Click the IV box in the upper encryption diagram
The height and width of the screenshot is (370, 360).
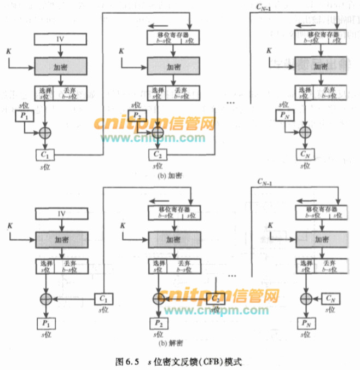click(x=61, y=39)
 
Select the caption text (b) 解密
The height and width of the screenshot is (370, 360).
click(x=170, y=344)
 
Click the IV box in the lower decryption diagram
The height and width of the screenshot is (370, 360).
click(x=61, y=212)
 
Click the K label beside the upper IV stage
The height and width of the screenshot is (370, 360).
click(x=8, y=52)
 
